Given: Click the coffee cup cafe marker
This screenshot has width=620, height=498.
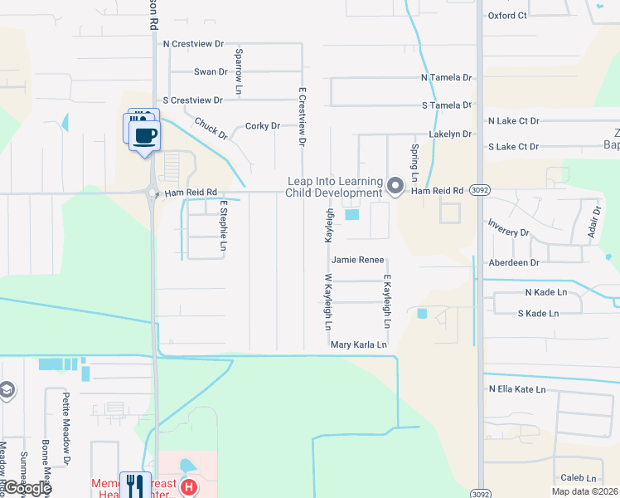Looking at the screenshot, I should [x=144, y=135].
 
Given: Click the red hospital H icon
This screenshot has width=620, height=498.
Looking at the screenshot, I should [x=189, y=486].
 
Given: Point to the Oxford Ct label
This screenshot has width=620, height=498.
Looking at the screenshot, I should [x=507, y=15].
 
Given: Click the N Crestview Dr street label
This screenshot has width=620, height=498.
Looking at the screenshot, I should [x=194, y=43].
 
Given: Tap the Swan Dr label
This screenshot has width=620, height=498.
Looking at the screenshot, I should [x=211, y=72].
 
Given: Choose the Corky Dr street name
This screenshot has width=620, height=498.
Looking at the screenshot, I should [x=263, y=126].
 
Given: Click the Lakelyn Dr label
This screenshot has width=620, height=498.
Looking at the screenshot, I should [x=450, y=134].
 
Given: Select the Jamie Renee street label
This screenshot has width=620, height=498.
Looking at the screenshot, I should [x=358, y=260].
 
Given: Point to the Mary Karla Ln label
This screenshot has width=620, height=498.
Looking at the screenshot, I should [x=359, y=344].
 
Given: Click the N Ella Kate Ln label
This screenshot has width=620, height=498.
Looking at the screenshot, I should [x=517, y=389].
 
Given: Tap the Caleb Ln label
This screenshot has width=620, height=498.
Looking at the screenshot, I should [x=579, y=478].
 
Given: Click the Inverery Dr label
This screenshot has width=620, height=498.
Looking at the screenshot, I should [x=508, y=233].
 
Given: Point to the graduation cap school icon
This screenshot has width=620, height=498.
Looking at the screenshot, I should [x=7, y=390].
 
